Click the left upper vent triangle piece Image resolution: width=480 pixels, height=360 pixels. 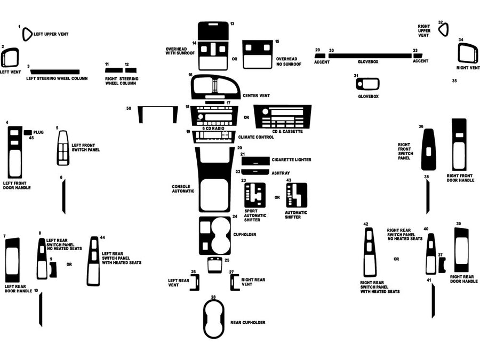click(x=27, y=34)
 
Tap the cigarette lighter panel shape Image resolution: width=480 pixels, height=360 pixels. click(x=255, y=160)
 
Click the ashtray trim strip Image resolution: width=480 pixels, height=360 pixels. click(x=255, y=172)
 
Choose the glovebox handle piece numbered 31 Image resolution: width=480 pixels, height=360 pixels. click(x=367, y=84)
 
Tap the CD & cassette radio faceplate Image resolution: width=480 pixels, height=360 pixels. click(x=282, y=116)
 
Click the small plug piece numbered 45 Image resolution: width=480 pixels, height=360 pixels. click(x=28, y=132)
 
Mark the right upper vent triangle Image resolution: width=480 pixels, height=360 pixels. click(x=444, y=29)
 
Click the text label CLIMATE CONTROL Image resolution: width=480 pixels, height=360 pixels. click(x=256, y=137)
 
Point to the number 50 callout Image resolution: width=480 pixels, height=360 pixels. click(x=129, y=108)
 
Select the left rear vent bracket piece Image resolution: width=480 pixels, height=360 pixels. click(x=194, y=282)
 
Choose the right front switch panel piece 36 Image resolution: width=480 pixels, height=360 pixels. click(x=428, y=150)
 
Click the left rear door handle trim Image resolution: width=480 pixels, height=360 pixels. click(x=12, y=260)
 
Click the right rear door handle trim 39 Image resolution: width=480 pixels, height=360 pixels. click(x=461, y=250)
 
